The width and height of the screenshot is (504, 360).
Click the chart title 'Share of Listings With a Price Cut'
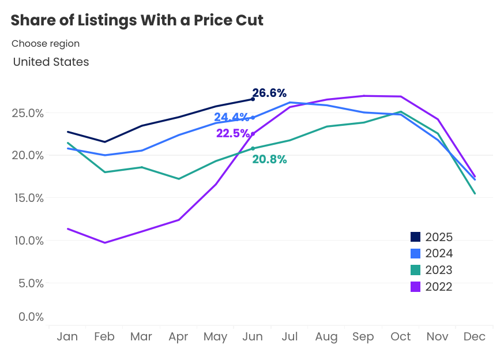click(x=137, y=21)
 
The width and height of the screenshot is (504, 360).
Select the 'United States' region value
click(x=51, y=62)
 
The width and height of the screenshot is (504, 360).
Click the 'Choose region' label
click(x=46, y=43)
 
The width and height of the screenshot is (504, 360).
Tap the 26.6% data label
click(x=270, y=93)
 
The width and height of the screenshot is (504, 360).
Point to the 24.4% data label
click(x=231, y=118)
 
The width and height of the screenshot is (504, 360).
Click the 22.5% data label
click(x=232, y=133)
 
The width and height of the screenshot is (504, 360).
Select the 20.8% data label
click(x=269, y=160)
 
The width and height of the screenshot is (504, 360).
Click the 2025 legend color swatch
click(x=416, y=237)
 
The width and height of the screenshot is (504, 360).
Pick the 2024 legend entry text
click(x=439, y=253)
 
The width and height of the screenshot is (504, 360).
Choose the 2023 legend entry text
click(x=439, y=270)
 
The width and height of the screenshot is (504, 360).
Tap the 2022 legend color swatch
click(x=416, y=287)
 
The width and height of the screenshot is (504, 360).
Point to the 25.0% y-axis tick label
click(x=28, y=113)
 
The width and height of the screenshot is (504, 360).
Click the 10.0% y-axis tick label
click(x=28, y=241)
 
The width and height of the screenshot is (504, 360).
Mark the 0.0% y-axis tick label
click(x=31, y=317)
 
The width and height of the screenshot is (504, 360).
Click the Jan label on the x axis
click(x=67, y=337)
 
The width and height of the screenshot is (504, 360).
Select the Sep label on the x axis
click(x=363, y=337)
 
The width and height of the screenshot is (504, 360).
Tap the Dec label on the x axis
click(x=475, y=337)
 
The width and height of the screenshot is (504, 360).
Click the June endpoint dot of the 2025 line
click(x=253, y=99)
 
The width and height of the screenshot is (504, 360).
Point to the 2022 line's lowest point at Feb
click(x=104, y=243)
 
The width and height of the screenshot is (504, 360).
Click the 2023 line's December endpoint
click(x=475, y=193)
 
